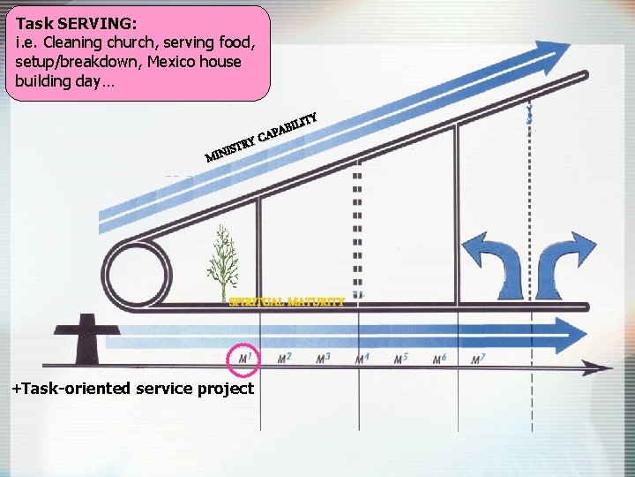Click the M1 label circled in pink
pos(244,358)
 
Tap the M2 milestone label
pos(284,358)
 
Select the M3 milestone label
pos(323,358)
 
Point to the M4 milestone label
pos(362,359)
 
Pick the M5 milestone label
pos(400,359)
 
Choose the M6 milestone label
pos(440,359)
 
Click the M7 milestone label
pos(478,359)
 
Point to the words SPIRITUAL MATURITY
pos(287,302)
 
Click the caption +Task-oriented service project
pos(132,389)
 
